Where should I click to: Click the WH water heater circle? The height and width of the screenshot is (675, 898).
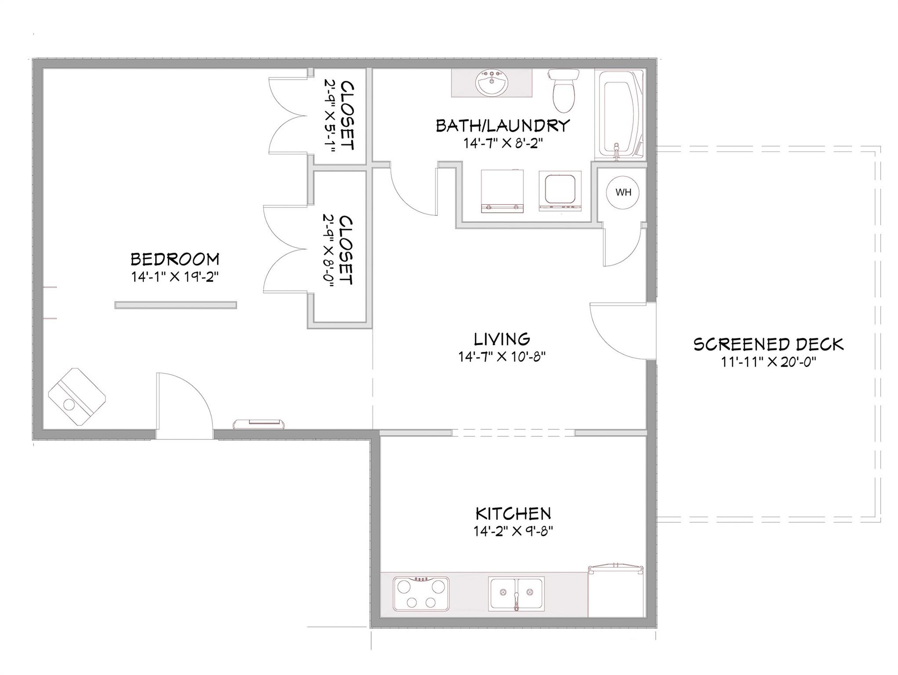pos(623,192)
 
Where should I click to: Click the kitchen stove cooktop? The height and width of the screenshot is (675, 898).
pos(421,594)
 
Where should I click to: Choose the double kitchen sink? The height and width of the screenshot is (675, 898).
pos(516,594)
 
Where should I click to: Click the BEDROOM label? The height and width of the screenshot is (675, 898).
pos(175,259)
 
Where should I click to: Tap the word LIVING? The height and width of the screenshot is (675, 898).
pos(502,339)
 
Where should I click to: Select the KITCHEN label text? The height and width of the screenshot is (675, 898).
pos(513,513)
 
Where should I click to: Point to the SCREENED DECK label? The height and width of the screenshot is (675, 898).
pos(769,344)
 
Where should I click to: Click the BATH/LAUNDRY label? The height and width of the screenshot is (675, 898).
pos(503,126)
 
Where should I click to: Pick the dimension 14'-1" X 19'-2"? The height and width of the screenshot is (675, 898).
pos(175,277)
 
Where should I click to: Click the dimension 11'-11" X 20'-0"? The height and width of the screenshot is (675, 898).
pos(768,362)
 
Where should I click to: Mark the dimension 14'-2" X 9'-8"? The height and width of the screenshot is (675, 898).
pos(513,531)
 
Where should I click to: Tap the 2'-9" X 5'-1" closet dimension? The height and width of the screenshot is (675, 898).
pos(330,116)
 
